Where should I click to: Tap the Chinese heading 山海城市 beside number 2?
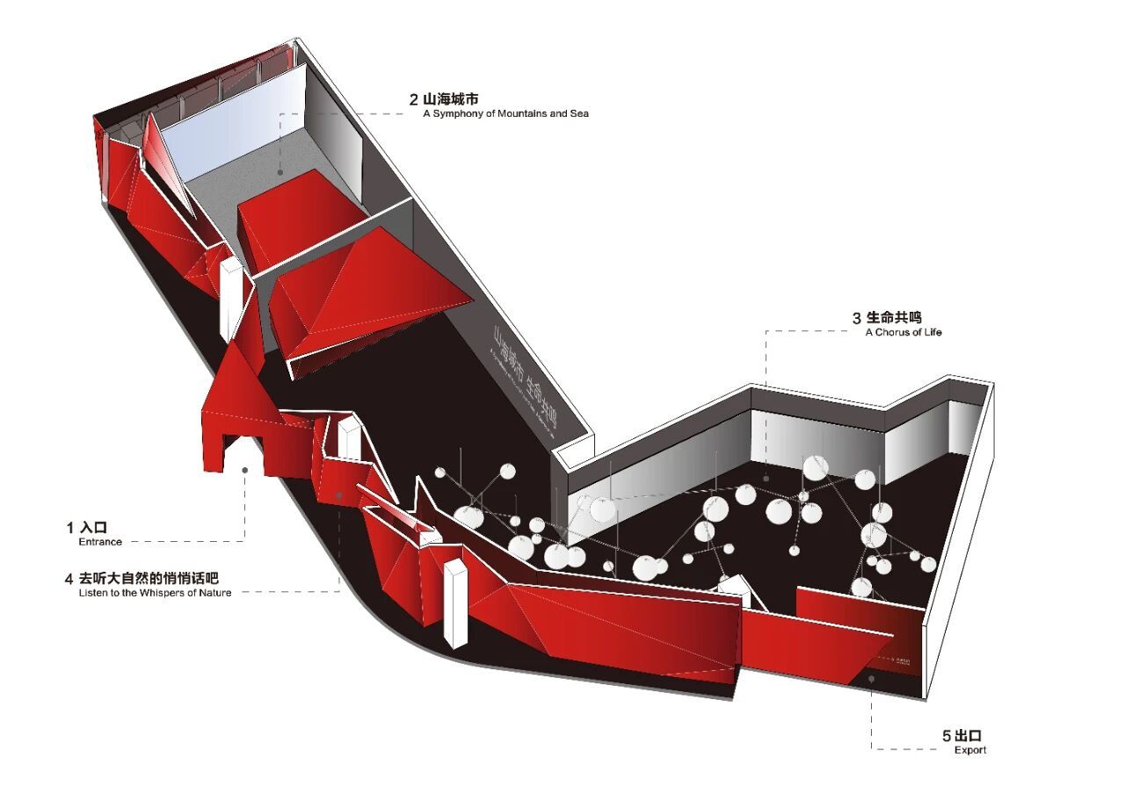pos(449,98)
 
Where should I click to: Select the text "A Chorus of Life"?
pos(903,332)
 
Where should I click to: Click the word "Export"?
pos(970,750)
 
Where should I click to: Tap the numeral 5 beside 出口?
pos(946,736)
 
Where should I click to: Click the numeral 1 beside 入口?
pos(70,527)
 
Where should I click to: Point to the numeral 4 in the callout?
pos(69,579)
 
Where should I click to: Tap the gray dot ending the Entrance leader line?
pos(245,471)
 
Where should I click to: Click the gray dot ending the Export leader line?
pos(872,677)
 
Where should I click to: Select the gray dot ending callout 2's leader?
pos(280,173)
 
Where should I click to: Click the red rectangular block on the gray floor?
pos(299,220)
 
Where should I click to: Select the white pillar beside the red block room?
pos(229,299)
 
